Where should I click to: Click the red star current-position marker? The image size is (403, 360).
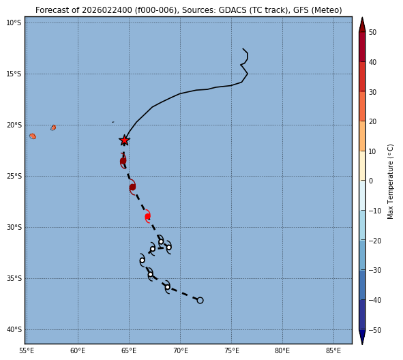pos(124,140)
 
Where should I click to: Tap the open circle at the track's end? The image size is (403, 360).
pos(200,300)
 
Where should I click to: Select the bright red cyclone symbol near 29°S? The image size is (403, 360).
pos(147,216)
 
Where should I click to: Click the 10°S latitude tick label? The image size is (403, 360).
pos(14,23)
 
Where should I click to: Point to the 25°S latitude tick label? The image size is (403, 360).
pos(14,177)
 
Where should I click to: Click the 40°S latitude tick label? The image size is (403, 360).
pos(14,330)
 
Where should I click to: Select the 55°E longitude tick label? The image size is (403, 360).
pos(27,350)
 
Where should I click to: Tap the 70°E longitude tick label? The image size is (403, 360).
pos(181,350)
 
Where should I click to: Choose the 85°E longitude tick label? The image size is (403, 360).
pos(333,350)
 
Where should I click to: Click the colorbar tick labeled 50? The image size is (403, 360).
pos(372,32)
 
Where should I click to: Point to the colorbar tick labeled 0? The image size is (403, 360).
pos(371,181)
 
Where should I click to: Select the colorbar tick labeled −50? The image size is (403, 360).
pos(375,330)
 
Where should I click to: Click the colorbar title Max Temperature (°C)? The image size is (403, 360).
pos(390,181)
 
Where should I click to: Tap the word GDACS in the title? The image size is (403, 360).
pos(231,10)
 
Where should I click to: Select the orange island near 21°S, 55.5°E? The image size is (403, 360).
pos(33,136)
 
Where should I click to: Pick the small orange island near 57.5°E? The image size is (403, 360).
pos(53,127)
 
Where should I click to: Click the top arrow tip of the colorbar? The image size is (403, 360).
pos(362,17)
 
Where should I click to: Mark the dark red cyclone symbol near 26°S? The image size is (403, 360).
pos(132,187)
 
